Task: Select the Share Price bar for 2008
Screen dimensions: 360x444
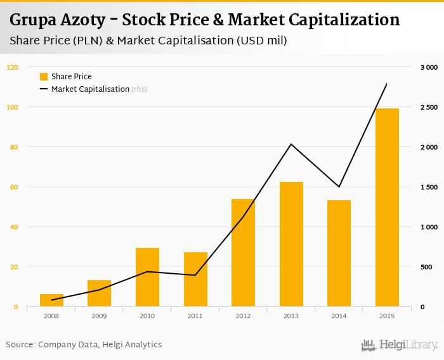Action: (51, 300)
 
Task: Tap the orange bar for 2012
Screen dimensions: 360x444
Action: (243, 253)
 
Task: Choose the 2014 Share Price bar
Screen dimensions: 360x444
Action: (339, 254)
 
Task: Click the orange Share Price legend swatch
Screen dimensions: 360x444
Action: (44, 77)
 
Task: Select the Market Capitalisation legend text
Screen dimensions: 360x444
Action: (90, 89)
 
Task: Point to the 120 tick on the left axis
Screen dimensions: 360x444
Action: (13, 67)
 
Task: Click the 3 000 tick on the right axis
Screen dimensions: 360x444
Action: (429, 67)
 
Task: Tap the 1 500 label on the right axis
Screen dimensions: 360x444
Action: (429, 187)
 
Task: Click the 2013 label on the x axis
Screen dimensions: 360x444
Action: (291, 316)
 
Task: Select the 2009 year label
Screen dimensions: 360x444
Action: (99, 316)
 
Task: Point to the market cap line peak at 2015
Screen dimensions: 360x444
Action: (387, 84)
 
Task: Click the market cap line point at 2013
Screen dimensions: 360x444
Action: (291, 145)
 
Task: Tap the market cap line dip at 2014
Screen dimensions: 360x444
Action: (339, 187)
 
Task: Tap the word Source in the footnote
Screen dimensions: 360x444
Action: (20, 345)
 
